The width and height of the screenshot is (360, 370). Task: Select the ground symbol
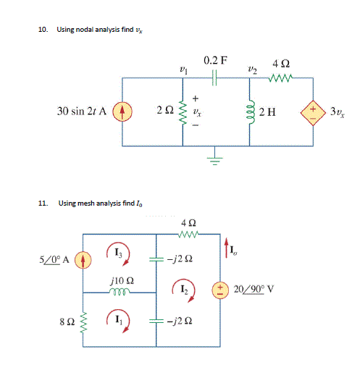pyautogui.click(x=214, y=159)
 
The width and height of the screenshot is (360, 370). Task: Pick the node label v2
pyautogui.click(x=251, y=70)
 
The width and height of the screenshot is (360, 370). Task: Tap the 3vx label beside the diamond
pyautogui.click(x=337, y=112)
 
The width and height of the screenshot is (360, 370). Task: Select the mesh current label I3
pyautogui.click(x=119, y=252)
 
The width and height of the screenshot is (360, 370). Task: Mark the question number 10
pyautogui.click(x=42, y=30)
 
